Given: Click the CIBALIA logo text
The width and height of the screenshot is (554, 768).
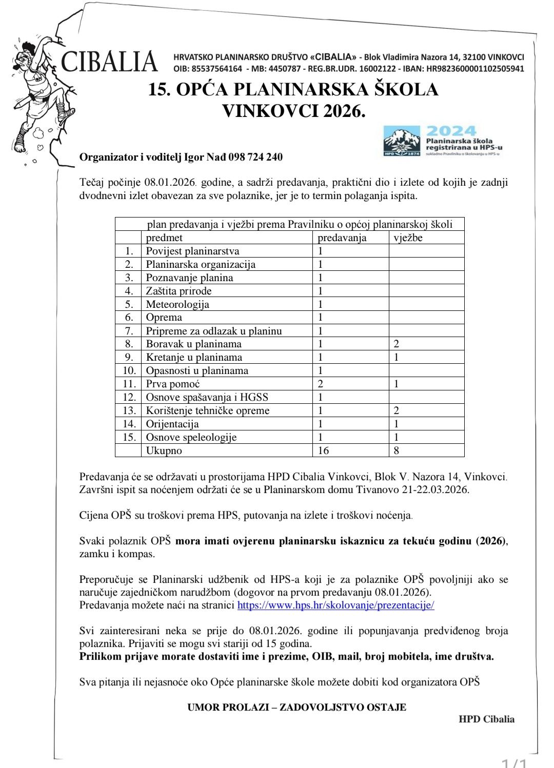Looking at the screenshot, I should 109,62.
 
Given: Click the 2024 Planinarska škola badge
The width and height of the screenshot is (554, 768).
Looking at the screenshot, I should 442,141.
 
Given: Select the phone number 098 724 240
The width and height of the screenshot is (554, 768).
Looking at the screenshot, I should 255,157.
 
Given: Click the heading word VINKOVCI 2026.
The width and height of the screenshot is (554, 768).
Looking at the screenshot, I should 293,111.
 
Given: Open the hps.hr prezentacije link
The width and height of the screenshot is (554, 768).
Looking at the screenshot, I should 335,605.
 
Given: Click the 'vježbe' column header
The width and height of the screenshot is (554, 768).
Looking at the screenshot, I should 408,238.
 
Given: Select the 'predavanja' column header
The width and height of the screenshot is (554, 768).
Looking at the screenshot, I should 342,238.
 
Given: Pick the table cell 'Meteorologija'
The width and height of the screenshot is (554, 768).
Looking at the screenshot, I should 177,304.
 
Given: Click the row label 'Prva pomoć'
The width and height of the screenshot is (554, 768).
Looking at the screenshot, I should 173,384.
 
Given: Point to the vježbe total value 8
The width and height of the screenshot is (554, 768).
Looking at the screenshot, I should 397,450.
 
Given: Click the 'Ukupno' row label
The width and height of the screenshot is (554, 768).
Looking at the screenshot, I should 164,450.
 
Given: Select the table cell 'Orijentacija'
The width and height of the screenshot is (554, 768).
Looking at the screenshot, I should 172,424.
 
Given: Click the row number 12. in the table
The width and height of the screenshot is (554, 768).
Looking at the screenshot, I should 129,397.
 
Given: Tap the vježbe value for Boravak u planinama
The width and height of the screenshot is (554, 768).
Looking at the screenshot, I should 397,344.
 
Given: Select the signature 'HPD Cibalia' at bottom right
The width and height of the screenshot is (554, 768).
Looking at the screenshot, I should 486,719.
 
